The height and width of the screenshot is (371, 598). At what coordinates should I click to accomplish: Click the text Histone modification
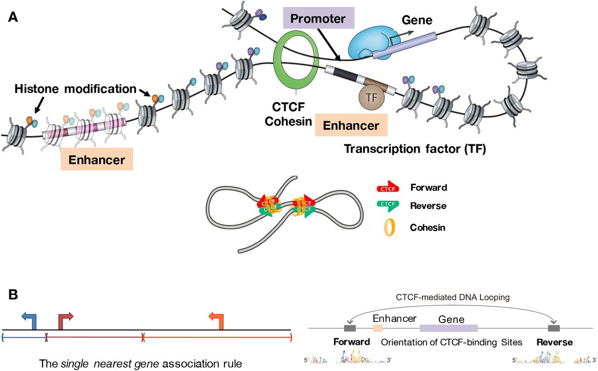pyautogui.click(x=75, y=88)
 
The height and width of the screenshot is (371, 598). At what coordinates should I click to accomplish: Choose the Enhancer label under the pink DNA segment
pyautogui.click(x=97, y=160)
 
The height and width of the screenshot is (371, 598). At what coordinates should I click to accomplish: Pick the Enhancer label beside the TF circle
pyautogui.click(x=351, y=126)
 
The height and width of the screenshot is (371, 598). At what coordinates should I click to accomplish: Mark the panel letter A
pyautogui.click(x=13, y=18)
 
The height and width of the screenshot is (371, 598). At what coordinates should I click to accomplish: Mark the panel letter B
pyautogui.click(x=13, y=294)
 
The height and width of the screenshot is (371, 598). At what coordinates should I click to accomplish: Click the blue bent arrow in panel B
pyautogui.click(x=30, y=320)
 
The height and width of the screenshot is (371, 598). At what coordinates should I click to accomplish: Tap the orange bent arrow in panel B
pyautogui.click(x=217, y=320)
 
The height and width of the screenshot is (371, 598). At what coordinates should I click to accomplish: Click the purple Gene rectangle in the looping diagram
pyautogui.click(x=448, y=328)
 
